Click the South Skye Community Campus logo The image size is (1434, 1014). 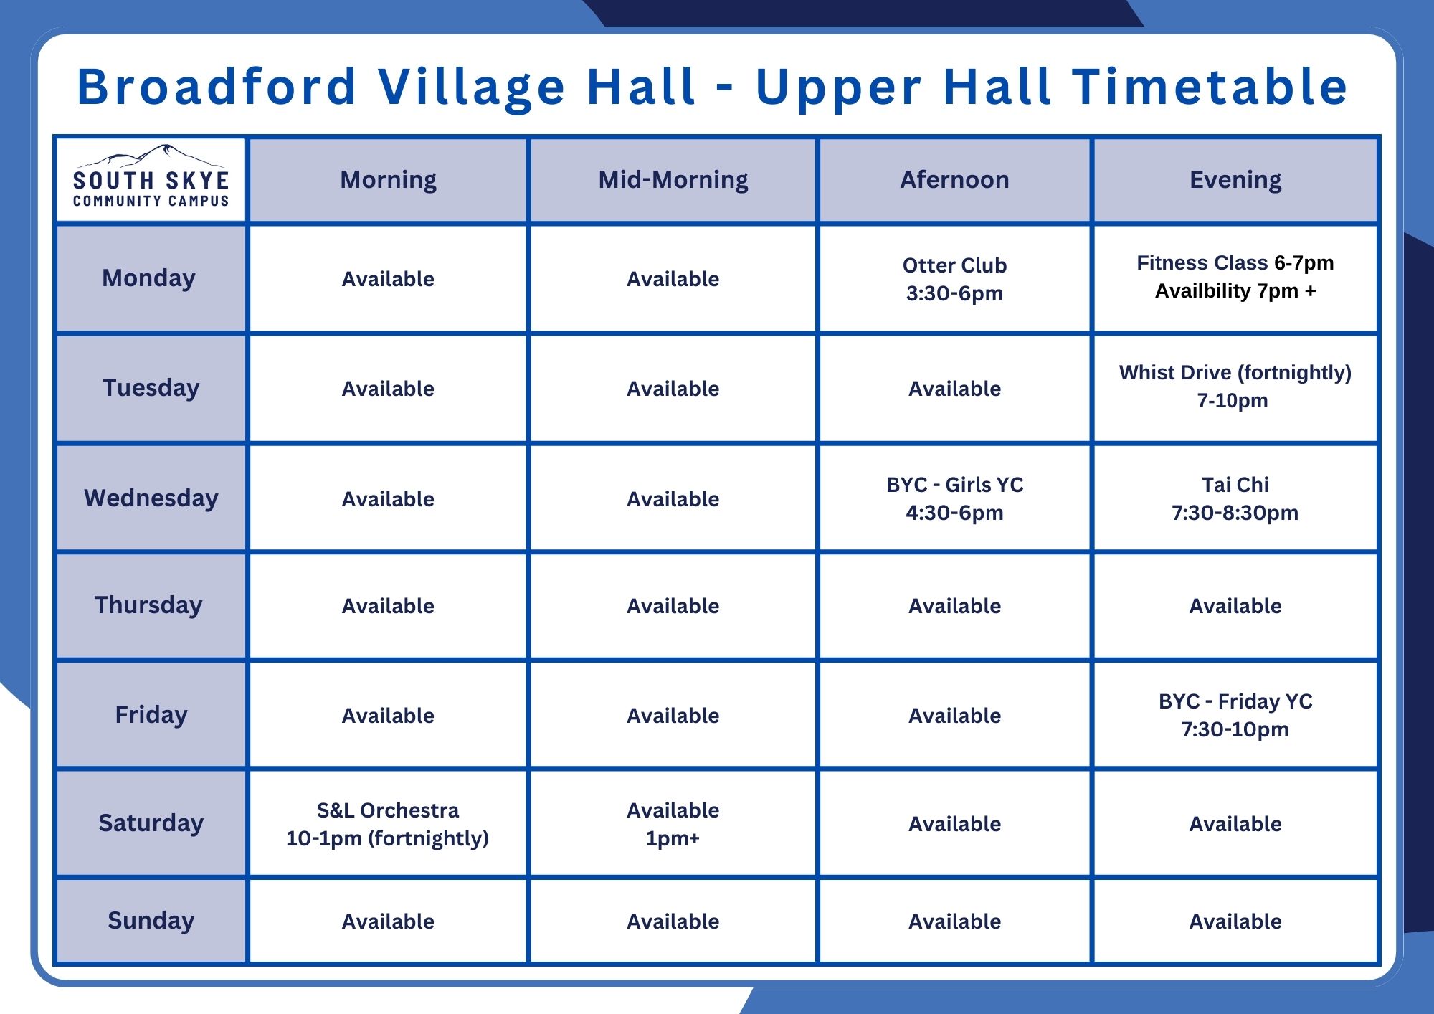pos(151,177)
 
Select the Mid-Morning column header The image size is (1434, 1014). pos(673,180)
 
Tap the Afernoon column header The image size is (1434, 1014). pos(954,180)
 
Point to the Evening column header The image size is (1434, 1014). pos(1235,180)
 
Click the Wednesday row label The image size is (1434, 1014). pos(151,498)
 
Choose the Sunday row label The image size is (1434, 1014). pos(151,920)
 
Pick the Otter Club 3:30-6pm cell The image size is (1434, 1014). pos(954,279)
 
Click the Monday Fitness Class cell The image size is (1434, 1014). pos(1235,279)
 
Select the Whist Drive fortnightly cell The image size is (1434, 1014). pos(1235,388)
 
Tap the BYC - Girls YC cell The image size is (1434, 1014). pos(954,498)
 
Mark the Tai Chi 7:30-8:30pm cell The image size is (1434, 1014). pos(1235,498)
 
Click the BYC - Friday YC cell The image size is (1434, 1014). pos(1235,715)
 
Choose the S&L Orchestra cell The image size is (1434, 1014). pos(388,823)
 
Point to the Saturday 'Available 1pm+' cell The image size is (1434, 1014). pos(673,823)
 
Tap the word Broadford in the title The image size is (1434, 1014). pos(217,86)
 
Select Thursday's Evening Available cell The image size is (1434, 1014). pos(1235,605)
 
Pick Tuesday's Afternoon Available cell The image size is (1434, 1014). pos(954,388)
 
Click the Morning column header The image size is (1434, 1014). pos(388,180)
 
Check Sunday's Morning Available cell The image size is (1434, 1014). pos(388,921)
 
